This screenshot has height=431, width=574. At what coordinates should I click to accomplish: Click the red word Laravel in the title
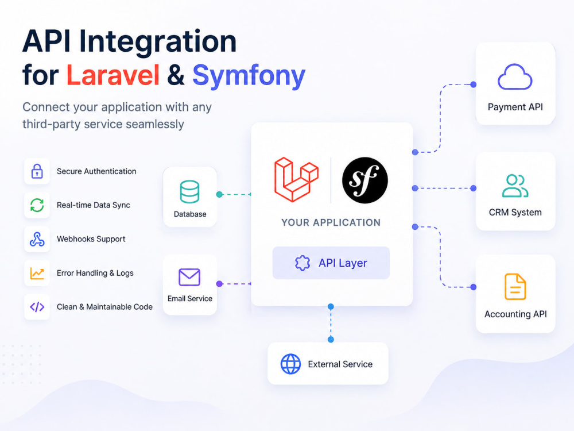pyautogui.click(x=113, y=75)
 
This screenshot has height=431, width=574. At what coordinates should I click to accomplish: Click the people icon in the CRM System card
pyautogui.click(x=515, y=186)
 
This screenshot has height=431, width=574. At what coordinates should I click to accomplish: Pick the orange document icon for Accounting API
pyautogui.click(x=515, y=287)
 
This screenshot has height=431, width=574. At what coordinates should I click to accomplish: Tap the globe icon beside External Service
pyautogui.click(x=290, y=364)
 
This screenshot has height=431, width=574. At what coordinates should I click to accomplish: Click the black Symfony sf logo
pyautogui.click(x=365, y=180)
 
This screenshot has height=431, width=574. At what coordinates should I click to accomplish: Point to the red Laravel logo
pyautogui.click(x=297, y=179)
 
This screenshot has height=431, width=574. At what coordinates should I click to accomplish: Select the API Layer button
pyautogui.click(x=331, y=263)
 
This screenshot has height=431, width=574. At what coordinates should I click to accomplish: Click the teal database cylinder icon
pyautogui.click(x=189, y=192)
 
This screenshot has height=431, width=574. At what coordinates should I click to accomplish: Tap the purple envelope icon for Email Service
pyautogui.click(x=189, y=277)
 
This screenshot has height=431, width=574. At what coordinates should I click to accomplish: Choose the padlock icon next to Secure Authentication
pyautogui.click(x=37, y=171)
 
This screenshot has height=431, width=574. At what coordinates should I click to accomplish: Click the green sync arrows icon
pyautogui.click(x=37, y=205)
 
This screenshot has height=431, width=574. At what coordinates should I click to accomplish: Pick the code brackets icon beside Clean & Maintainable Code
pyautogui.click(x=37, y=307)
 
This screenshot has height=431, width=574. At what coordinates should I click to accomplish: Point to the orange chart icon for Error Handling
pyautogui.click(x=37, y=273)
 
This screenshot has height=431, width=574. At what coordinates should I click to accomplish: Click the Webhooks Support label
pyautogui.click(x=91, y=239)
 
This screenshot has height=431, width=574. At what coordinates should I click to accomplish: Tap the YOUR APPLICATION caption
pyautogui.click(x=331, y=222)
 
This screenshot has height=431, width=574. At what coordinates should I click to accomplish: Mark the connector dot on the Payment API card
pyautogui.click(x=474, y=84)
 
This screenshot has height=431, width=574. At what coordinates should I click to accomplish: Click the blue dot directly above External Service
pyautogui.click(x=331, y=340)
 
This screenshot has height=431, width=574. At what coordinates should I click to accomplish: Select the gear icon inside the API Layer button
pyautogui.click(x=302, y=263)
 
